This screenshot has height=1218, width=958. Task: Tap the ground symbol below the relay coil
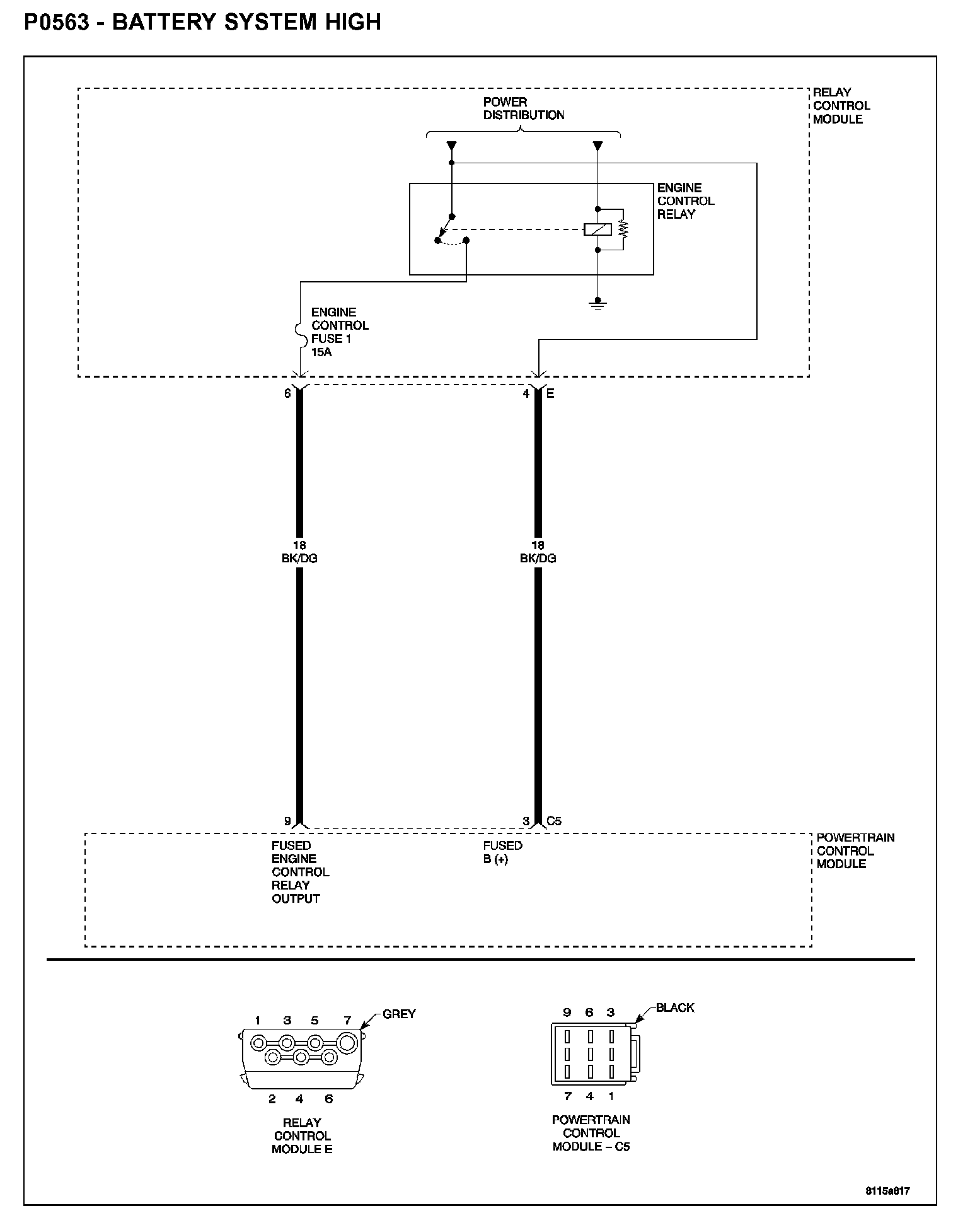(x=597, y=304)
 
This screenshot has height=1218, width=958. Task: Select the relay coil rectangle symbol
(x=597, y=229)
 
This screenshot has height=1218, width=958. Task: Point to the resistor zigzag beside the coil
(x=624, y=229)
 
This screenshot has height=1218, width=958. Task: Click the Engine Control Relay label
(x=686, y=200)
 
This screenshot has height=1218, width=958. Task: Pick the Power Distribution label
(x=523, y=108)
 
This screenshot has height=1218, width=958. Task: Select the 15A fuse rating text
(x=321, y=352)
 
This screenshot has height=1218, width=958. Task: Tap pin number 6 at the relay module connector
(x=287, y=393)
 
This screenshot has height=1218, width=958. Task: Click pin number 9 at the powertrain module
(x=287, y=821)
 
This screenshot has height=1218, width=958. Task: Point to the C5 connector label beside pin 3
(x=554, y=821)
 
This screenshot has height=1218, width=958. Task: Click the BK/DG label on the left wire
(x=299, y=558)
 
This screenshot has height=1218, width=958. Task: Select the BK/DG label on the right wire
(x=538, y=558)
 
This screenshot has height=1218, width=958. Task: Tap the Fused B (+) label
(x=503, y=852)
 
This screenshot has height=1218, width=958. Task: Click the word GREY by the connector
(x=399, y=1014)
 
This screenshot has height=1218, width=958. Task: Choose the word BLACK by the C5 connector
(x=674, y=1008)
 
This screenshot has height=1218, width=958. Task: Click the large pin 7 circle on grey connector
(x=347, y=1043)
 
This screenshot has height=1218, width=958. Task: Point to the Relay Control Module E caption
(x=302, y=1135)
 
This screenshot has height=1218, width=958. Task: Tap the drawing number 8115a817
(x=887, y=1191)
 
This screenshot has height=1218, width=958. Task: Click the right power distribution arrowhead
(x=597, y=147)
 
